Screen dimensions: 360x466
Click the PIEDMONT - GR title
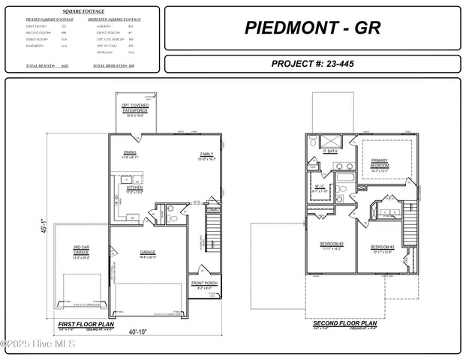(312, 28)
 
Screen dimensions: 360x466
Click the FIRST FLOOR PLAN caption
(84, 322)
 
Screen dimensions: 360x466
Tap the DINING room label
(130, 152)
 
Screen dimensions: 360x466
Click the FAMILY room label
(206, 154)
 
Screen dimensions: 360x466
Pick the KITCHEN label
(134, 187)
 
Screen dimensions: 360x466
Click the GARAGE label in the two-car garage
(148, 252)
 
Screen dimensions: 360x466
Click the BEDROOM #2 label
(332, 244)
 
